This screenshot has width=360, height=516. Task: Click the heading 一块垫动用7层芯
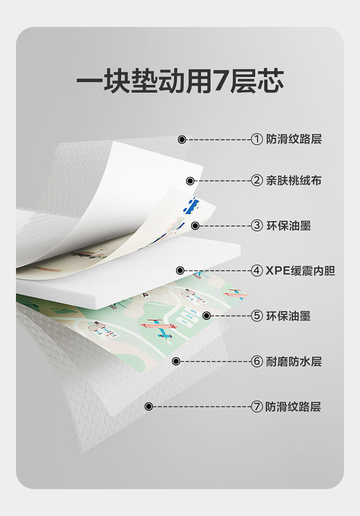click(180, 82)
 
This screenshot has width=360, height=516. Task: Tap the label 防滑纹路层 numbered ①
click(294, 139)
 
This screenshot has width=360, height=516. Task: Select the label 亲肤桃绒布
click(294, 181)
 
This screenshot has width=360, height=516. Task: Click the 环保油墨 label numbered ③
click(288, 225)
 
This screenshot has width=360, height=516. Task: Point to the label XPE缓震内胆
click(300, 270)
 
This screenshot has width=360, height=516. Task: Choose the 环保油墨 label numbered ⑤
click(288, 316)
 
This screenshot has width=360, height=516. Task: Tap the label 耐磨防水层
click(294, 361)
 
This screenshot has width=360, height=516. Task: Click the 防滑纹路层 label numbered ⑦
click(293, 407)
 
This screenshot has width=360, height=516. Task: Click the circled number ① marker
click(257, 139)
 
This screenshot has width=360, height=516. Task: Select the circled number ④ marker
click(257, 270)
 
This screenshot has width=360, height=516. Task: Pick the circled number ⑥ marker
click(257, 361)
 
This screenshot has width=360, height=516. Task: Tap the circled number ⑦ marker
click(257, 407)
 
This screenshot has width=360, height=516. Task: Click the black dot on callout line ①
click(181, 139)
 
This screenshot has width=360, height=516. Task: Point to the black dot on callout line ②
click(190, 181)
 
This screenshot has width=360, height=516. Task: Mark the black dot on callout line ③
click(195, 225)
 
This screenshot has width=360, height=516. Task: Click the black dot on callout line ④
click(180, 270)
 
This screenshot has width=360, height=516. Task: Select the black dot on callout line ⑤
click(206, 316)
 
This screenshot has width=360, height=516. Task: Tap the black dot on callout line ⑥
click(176, 361)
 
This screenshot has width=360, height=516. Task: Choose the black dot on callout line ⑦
click(149, 406)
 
